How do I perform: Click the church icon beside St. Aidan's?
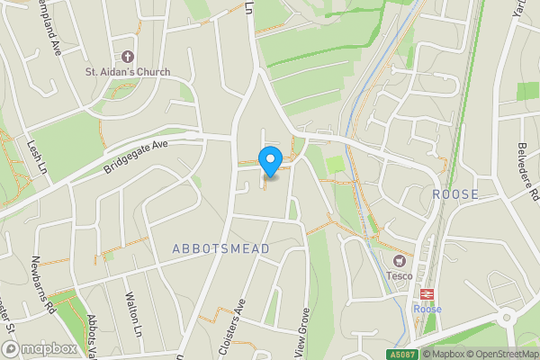point(127,53)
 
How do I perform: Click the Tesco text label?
point(399,275)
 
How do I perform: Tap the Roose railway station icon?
point(426,293)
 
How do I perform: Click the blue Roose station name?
point(426,309)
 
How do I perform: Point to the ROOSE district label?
point(454,193)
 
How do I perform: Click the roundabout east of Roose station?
point(508,317)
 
